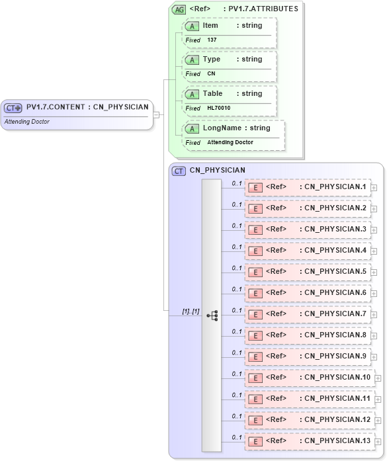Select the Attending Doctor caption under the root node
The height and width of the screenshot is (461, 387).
click(27, 122)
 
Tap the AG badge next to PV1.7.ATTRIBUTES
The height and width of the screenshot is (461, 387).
click(179, 9)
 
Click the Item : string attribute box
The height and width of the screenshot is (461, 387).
click(229, 26)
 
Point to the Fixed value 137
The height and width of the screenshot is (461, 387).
click(212, 40)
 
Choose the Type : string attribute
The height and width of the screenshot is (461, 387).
click(229, 60)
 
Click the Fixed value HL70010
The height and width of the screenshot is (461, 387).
click(218, 108)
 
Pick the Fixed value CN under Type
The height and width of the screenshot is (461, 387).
click(211, 74)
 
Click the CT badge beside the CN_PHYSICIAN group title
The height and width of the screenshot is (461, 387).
click(179, 171)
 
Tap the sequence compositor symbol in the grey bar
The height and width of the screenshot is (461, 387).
click(212, 316)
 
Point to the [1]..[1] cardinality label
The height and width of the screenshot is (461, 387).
click(191, 311)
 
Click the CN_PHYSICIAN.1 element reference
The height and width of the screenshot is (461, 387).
click(308, 187)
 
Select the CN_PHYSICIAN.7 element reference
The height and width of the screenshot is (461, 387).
click(308, 314)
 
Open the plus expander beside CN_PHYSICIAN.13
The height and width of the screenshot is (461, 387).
click(378, 442)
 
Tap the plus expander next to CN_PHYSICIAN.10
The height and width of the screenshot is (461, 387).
click(378, 378)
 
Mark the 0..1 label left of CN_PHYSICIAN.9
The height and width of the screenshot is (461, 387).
click(237, 353)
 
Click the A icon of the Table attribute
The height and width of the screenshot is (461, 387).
click(192, 94)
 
